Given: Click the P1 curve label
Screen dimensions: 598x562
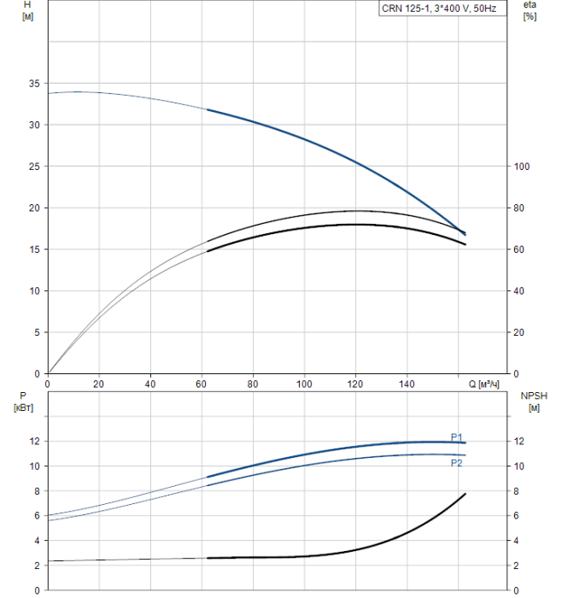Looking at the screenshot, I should pyautogui.click(x=457, y=437).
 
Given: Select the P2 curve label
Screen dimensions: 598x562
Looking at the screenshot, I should pyautogui.click(x=457, y=463).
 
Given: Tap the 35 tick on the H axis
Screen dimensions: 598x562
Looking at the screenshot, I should pyautogui.click(x=34, y=84).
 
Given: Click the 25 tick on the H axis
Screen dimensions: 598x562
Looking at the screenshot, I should pyautogui.click(x=34, y=167).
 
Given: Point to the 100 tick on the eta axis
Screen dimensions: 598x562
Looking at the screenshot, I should pyautogui.click(x=524, y=167).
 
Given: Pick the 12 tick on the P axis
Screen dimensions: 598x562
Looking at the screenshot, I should pyautogui.click(x=35, y=442).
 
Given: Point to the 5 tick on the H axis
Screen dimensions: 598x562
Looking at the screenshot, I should pyautogui.click(x=37, y=332).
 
